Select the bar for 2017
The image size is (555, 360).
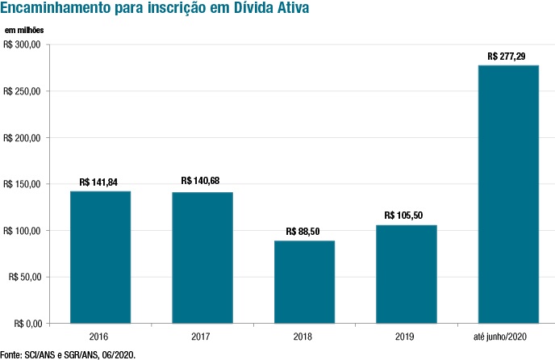coord(202,257)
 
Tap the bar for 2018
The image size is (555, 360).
coord(304,282)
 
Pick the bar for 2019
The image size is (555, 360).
coord(407,274)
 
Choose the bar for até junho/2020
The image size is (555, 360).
coord(508,194)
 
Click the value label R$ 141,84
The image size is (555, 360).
coord(100,182)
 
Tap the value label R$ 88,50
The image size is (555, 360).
coord(304,231)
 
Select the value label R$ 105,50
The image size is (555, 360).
coord(407,216)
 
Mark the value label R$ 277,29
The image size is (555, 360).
coord(508,57)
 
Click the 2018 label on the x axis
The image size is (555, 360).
coord(304,336)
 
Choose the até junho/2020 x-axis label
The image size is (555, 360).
coord(508,336)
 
